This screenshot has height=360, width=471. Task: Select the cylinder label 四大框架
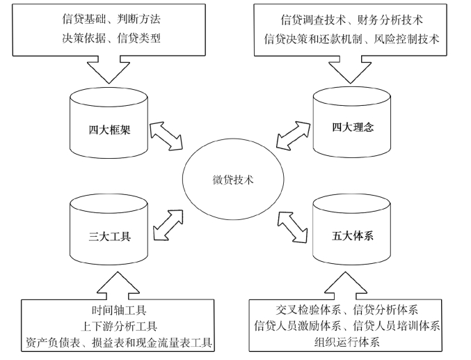(109, 130)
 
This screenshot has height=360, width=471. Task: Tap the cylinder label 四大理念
(353, 127)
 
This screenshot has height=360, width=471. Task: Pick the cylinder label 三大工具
(110, 236)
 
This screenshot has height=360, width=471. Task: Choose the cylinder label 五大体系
(353, 235)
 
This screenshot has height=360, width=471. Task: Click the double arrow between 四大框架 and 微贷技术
(166, 136)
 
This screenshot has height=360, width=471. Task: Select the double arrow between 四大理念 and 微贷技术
(293, 135)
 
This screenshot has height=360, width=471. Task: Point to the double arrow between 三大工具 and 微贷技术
(168, 225)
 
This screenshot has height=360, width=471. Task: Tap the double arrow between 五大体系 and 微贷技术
(292, 227)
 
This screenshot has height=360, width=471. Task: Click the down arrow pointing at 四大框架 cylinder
(109, 69)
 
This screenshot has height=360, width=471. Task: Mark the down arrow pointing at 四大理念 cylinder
(350, 69)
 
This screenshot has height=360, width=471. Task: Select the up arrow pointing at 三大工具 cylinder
(118, 286)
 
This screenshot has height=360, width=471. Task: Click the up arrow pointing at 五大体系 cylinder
(346, 286)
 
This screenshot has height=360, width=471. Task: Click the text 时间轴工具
(119, 310)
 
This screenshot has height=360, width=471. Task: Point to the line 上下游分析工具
(119, 326)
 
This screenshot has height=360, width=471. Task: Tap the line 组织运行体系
(347, 342)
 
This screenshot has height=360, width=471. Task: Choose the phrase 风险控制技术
(406, 39)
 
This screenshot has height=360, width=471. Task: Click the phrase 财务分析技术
(390, 20)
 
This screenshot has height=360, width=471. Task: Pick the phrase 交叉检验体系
(308, 309)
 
